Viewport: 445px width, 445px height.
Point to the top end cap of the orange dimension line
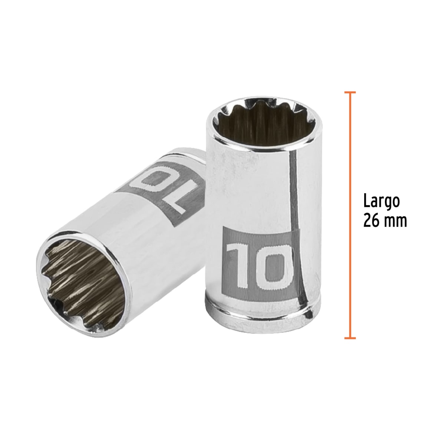click(x=350, y=92)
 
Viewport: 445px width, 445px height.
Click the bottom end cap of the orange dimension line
click(x=350, y=338)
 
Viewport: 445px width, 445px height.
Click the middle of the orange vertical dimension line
click(x=350, y=215)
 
